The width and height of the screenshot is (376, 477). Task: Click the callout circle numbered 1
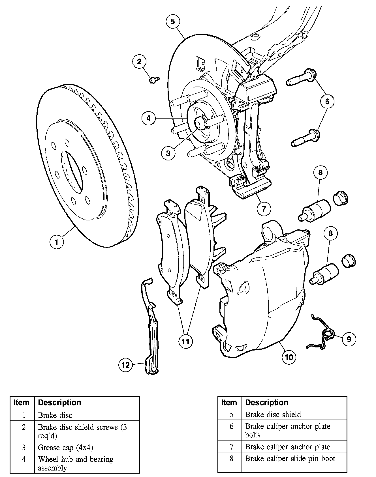tap(57, 242)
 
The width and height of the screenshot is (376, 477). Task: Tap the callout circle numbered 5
tap(173, 22)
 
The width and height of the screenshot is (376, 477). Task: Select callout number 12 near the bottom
tap(125, 365)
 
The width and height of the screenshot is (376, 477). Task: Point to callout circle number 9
tap(349, 339)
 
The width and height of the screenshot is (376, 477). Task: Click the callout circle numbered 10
tap(289, 357)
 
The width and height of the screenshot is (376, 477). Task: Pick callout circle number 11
tap(185, 341)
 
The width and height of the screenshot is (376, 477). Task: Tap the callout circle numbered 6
tap(327, 101)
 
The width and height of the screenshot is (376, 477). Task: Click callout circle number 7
tap(264, 209)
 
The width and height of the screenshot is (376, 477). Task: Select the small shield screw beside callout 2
tap(154, 80)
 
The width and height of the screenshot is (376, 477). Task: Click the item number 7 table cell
tap(231, 447)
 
